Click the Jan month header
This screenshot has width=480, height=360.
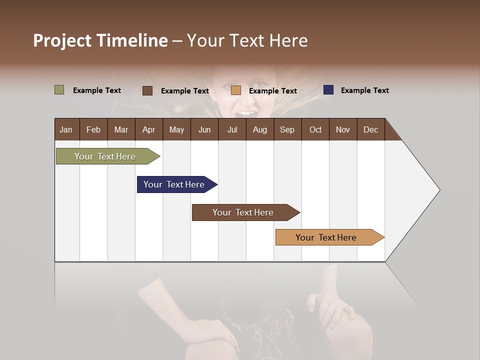(x=66, y=129)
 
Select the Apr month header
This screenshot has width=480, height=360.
(x=148, y=129)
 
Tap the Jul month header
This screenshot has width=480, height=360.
(x=232, y=129)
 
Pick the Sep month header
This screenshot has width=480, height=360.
(x=287, y=129)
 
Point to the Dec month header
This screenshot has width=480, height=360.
(x=370, y=129)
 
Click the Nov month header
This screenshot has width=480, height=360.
(x=342, y=129)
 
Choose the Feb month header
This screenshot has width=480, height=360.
(x=93, y=129)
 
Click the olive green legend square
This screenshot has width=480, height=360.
(x=59, y=90)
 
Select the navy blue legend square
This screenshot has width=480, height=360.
(x=328, y=90)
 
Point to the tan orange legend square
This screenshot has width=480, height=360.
(x=236, y=90)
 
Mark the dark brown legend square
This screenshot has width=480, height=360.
(x=147, y=90)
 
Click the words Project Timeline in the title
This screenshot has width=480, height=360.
(x=100, y=40)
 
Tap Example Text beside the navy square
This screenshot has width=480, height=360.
(x=364, y=90)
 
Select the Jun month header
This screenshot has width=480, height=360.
(x=204, y=129)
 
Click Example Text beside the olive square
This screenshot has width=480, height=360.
(x=96, y=90)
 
